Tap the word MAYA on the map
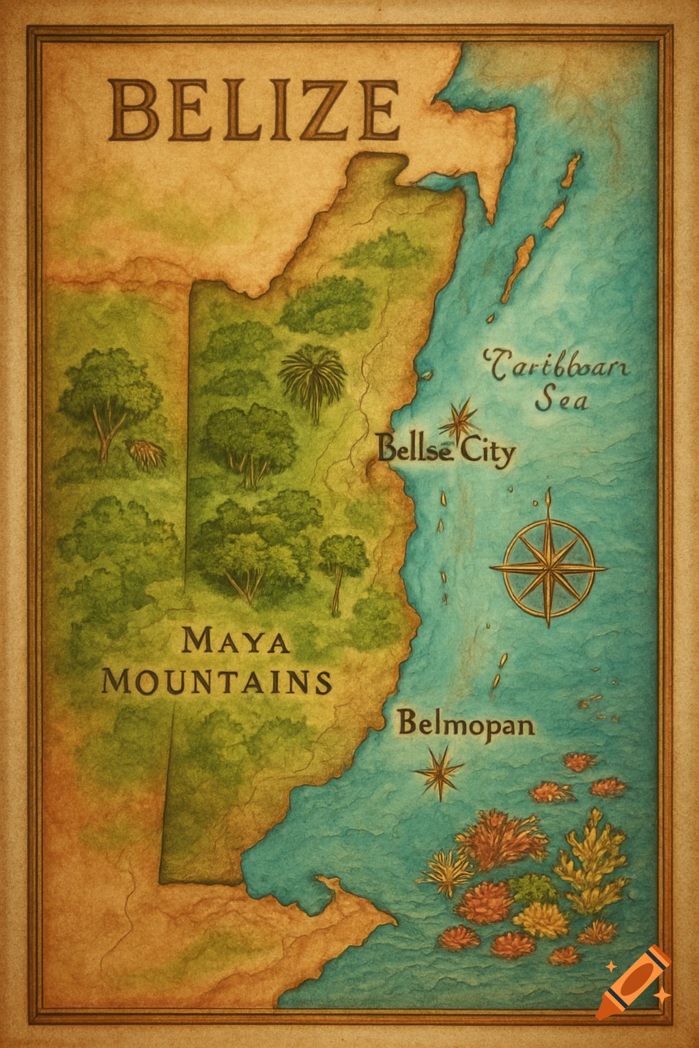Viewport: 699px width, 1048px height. tap(236, 641)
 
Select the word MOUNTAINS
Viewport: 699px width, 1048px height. tap(217, 682)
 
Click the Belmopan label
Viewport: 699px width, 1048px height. tap(466, 723)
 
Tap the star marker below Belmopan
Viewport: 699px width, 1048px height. tap(439, 771)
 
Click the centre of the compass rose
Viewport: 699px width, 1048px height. tap(548, 566)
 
